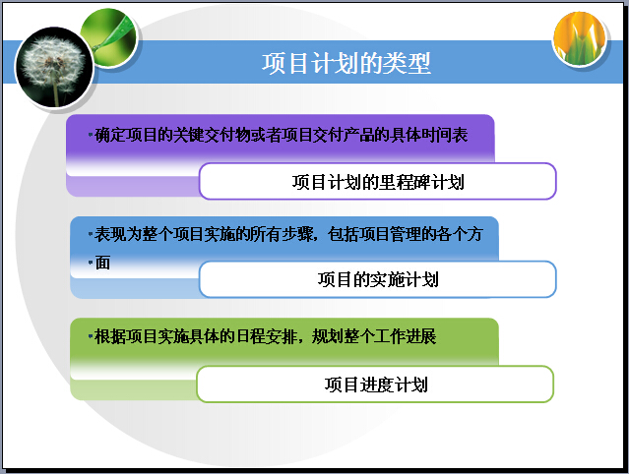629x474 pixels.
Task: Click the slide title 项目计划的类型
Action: click(346, 63)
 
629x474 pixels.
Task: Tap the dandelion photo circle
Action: click(54, 67)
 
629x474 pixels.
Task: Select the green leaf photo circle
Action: click(109, 38)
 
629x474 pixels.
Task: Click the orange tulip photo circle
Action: click(580, 38)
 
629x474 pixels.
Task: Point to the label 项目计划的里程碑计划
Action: click(378, 182)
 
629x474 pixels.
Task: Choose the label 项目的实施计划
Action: click(378, 279)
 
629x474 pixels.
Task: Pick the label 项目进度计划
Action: click(376, 385)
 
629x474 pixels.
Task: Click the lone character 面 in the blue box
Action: click(102, 264)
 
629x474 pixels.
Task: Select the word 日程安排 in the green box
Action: click(267, 336)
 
